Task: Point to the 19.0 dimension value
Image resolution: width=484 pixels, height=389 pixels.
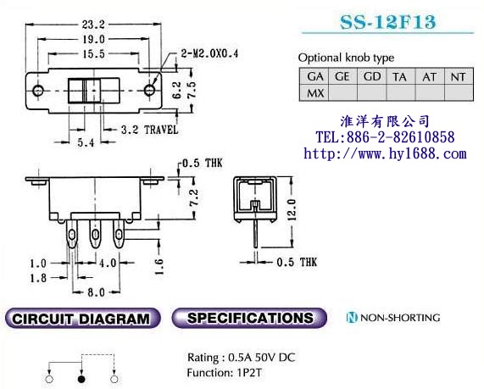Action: [93, 39]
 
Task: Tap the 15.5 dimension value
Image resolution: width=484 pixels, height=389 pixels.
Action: [93, 53]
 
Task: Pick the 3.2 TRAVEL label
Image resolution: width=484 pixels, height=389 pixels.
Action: [148, 130]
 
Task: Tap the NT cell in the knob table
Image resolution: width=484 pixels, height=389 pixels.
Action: [457, 76]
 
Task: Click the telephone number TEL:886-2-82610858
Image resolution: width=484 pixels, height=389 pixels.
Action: [384, 137]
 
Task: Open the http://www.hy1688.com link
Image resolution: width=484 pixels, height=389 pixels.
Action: [384, 153]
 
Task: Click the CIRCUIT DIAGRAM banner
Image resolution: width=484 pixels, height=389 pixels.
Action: [82, 319]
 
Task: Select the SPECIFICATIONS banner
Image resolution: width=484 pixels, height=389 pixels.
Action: [248, 319]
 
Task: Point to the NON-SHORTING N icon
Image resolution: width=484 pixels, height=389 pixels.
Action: [351, 319]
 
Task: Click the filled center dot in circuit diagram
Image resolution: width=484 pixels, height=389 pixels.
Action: [81, 379]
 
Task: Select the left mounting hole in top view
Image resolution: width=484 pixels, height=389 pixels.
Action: [36, 90]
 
